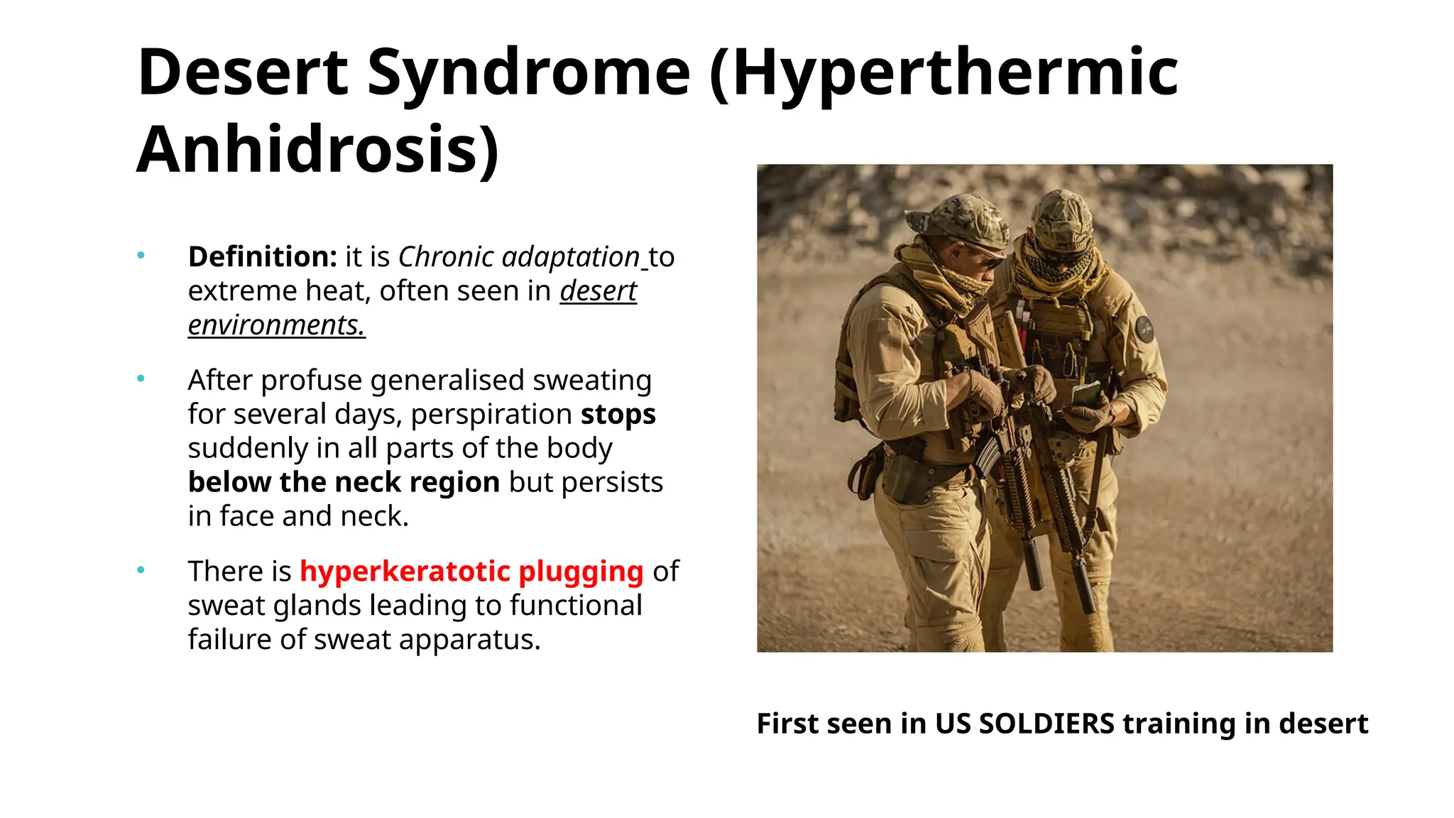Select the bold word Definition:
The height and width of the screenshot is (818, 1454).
click(262, 256)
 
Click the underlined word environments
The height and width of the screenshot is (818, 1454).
click(276, 325)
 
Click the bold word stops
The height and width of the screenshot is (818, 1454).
click(618, 414)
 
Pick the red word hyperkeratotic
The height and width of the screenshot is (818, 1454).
click(405, 571)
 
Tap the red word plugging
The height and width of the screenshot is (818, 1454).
click(581, 571)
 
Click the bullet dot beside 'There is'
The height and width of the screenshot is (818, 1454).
click(141, 569)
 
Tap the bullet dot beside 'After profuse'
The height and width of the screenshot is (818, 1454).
click(141, 378)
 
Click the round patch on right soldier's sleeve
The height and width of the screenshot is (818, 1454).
click(1144, 329)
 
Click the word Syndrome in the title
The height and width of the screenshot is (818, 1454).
click(528, 72)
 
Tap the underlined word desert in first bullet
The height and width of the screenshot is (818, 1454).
click(598, 290)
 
